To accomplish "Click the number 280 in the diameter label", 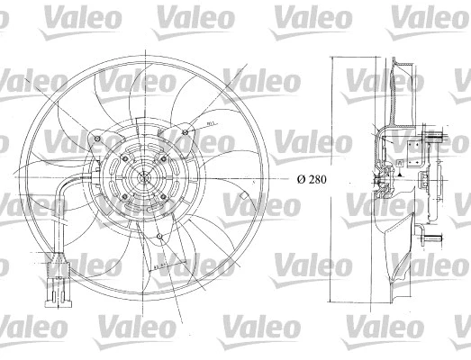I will (x=315, y=178).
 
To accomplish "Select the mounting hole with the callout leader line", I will (x=186, y=135).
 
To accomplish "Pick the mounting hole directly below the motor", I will (x=159, y=238).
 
